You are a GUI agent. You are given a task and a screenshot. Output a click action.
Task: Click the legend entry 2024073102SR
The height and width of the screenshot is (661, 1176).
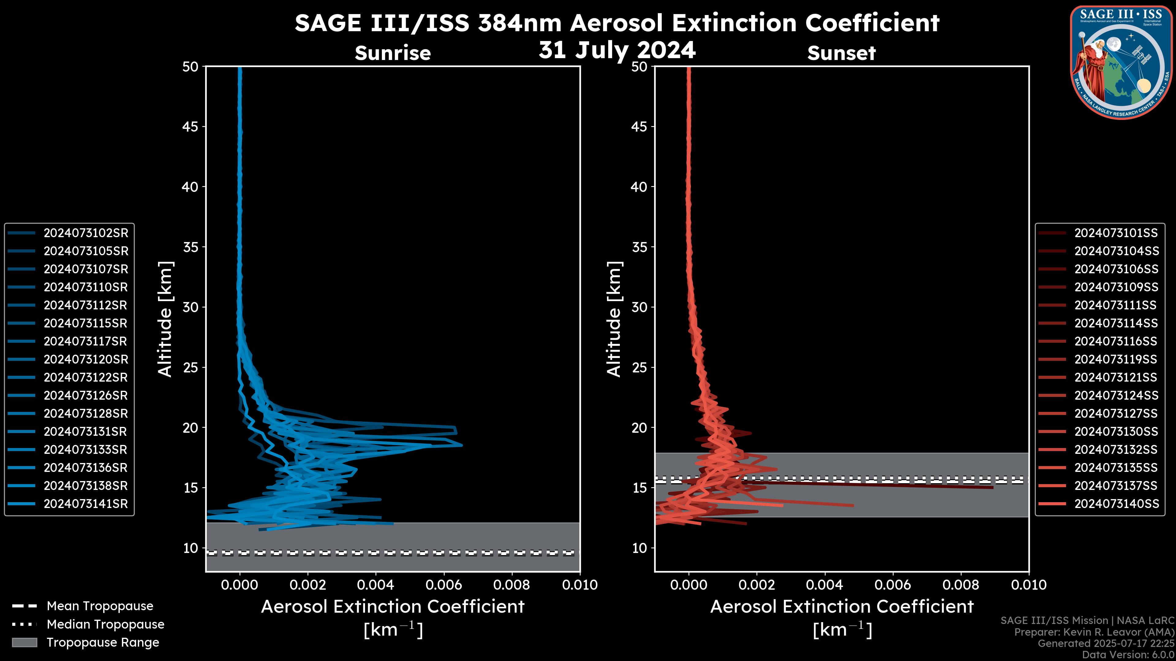click(86, 233)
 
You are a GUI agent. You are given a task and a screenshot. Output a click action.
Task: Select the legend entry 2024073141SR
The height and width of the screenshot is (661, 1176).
click(86, 504)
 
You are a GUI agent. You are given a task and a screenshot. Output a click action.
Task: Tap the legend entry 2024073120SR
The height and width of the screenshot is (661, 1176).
click(86, 360)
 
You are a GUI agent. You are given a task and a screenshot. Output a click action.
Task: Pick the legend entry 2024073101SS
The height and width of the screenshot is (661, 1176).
click(1116, 233)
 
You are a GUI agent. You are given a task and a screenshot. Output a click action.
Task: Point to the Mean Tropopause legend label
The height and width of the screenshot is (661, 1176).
click(100, 606)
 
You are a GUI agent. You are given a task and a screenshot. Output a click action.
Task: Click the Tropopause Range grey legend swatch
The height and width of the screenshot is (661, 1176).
click(24, 642)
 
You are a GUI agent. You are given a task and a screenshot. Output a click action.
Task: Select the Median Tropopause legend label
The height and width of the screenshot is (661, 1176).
click(105, 625)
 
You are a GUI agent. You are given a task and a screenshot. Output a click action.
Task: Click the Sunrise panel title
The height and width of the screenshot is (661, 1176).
click(393, 53)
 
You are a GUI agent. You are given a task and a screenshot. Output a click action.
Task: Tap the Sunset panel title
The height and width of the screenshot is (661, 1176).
click(841, 53)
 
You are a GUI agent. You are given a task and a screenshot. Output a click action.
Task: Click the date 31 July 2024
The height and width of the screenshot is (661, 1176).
click(617, 50)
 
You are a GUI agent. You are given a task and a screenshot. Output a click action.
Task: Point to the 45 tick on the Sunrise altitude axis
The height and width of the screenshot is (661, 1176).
click(190, 127)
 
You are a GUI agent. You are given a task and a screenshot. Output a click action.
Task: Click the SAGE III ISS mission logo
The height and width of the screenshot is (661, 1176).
click(1121, 62)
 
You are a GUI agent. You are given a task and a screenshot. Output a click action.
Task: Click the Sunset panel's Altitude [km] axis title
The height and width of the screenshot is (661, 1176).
click(614, 319)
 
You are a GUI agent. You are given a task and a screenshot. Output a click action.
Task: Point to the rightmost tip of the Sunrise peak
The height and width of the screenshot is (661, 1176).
click(462, 445)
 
